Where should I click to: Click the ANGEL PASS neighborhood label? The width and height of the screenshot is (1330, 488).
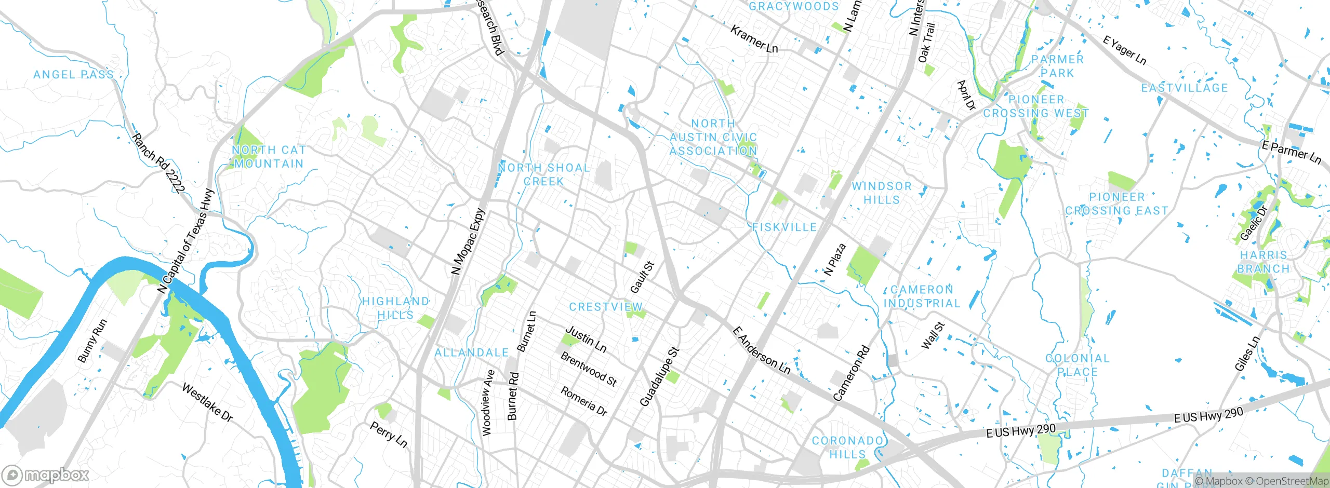73,75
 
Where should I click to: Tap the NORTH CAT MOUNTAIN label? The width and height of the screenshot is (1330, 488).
269,157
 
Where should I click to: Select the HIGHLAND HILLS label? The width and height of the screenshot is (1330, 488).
396,308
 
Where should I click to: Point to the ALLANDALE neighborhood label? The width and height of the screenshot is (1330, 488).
472,353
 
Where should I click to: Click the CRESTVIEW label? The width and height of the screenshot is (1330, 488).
606,307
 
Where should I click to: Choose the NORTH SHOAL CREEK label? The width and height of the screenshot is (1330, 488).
544,174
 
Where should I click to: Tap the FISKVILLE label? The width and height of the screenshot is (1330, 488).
784,227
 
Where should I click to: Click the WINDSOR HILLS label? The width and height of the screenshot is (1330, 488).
882,193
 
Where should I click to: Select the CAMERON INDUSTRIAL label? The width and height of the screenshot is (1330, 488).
922,296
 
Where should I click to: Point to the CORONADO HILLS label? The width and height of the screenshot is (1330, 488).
847,448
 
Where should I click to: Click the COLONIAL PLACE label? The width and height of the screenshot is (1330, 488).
1078,365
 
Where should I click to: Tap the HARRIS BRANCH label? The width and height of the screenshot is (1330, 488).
1263,262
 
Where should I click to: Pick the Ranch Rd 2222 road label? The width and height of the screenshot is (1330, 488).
158,164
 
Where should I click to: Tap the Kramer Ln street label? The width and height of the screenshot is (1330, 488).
754,39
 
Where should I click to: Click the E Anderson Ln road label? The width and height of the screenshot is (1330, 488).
761,350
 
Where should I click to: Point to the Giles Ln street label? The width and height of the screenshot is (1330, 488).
1247,354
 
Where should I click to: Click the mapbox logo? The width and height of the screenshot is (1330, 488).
45,475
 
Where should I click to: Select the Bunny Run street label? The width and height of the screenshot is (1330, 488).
92,341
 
